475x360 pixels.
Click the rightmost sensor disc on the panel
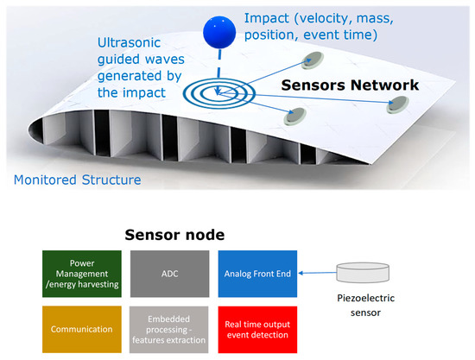[398, 105]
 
